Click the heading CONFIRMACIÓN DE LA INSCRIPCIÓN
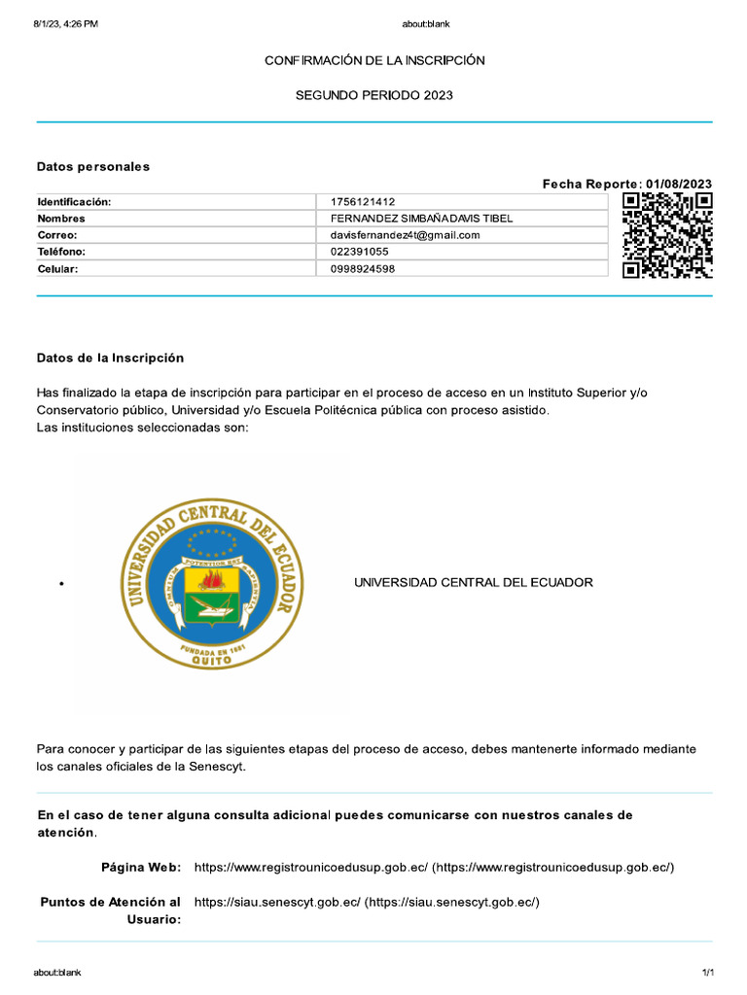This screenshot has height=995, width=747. coord(374,60)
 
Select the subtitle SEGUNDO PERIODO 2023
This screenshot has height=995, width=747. coord(374,95)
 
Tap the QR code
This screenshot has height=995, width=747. coord(667,235)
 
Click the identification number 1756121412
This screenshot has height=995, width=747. coord(363,201)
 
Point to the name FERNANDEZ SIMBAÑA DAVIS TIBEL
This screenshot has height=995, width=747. coord(421,219)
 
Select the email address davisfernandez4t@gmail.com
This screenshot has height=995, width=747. coord(406,235)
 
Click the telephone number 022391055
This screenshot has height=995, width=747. coord(359,252)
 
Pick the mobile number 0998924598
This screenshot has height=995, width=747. coord(363,268)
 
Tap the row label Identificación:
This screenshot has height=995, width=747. coord(74,201)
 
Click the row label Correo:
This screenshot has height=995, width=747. coord(56,235)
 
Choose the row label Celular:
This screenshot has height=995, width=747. coord(56,268)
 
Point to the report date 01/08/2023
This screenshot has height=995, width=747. coord(678,184)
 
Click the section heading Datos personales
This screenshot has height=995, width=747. coord(93,166)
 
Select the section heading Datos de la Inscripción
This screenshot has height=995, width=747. coord(110,358)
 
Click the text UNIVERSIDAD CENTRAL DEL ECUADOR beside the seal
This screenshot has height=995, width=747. coord(473,582)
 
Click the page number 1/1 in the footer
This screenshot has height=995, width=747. coord(708,973)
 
